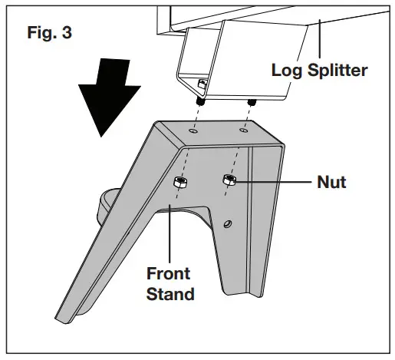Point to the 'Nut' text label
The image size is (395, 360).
click(x=331, y=183)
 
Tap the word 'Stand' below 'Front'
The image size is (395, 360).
click(x=170, y=292)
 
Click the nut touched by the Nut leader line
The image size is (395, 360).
click(x=229, y=180)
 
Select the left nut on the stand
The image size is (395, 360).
click(x=180, y=183)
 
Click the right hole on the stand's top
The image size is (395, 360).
click(x=243, y=130)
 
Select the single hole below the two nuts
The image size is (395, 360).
click(x=227, y=223)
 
